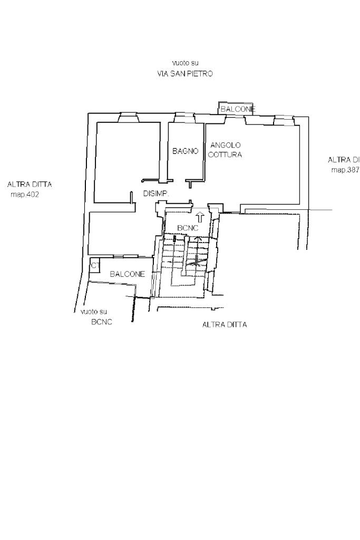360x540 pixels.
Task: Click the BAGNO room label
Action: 185,151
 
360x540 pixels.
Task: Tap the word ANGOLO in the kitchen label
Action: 226,145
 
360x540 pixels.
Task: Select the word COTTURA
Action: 225,155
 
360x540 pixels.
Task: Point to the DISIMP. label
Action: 155,194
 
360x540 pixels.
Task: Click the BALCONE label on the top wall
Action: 237,109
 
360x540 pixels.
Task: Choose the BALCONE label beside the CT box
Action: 128,274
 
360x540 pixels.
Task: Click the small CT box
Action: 94,265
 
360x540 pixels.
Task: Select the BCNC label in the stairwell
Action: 188,228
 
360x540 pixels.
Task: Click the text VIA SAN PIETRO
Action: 185,74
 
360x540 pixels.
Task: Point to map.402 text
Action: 25,194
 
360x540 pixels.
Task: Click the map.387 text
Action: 345,170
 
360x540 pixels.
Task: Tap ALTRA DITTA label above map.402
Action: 30,185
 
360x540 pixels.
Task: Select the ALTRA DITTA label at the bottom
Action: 225,325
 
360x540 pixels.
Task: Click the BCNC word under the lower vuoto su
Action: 102,322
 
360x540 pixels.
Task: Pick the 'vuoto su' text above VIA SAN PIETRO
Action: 185,63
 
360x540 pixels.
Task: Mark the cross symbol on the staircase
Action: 197,259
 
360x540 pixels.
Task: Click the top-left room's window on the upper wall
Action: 129,117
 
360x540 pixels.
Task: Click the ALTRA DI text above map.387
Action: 344,160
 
